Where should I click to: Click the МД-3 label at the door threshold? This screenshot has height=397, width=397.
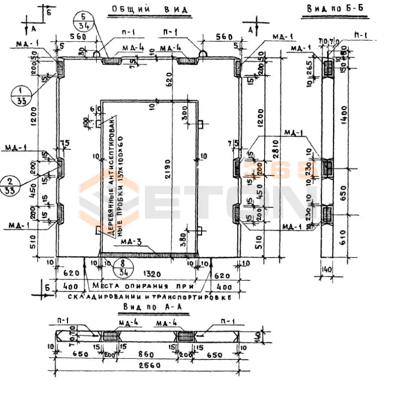[x=131, y=242]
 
